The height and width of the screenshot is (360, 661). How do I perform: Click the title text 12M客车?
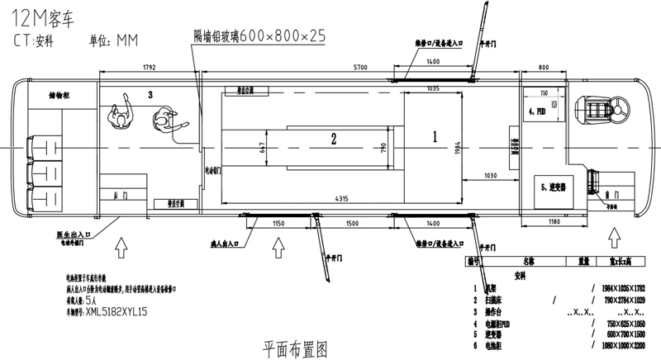point(39,14)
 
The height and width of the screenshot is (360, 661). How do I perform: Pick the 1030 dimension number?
point(491,175)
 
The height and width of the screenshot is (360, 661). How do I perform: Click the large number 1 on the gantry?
point(434,132)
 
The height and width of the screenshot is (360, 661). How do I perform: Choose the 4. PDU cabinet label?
point(538,110)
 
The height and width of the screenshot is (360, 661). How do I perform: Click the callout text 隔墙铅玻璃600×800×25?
point(259,35)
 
